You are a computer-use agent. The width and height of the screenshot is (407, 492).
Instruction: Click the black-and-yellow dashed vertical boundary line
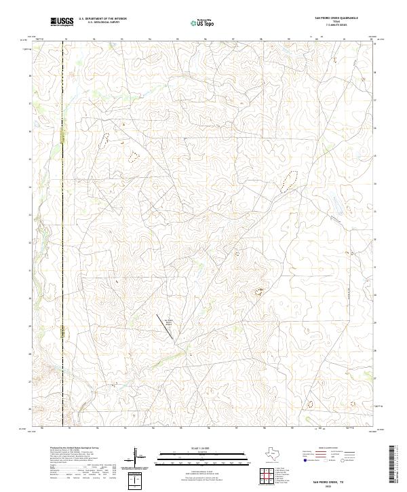(63, 204)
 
